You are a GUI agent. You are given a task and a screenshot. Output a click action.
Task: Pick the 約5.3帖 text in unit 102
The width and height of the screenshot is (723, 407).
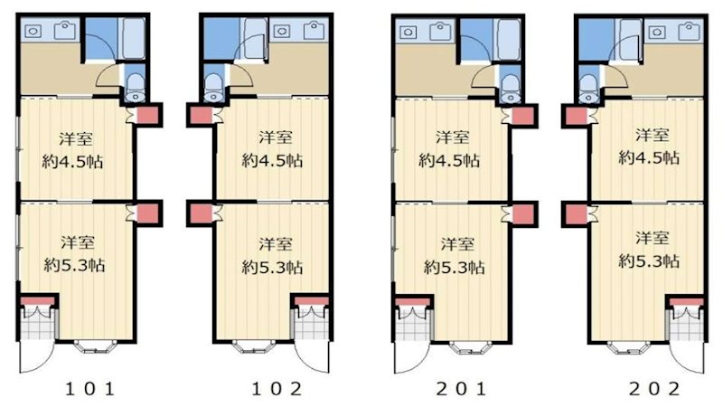272,268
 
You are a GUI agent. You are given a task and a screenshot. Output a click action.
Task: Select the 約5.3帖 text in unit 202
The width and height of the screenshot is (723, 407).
649,261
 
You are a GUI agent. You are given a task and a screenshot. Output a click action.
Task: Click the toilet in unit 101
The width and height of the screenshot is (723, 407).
136,86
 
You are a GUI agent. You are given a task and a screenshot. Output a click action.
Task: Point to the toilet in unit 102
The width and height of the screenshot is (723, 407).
215,87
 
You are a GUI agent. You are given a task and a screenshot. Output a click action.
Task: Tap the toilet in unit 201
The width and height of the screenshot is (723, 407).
507,87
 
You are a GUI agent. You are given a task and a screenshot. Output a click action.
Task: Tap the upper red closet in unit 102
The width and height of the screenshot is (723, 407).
198,116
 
